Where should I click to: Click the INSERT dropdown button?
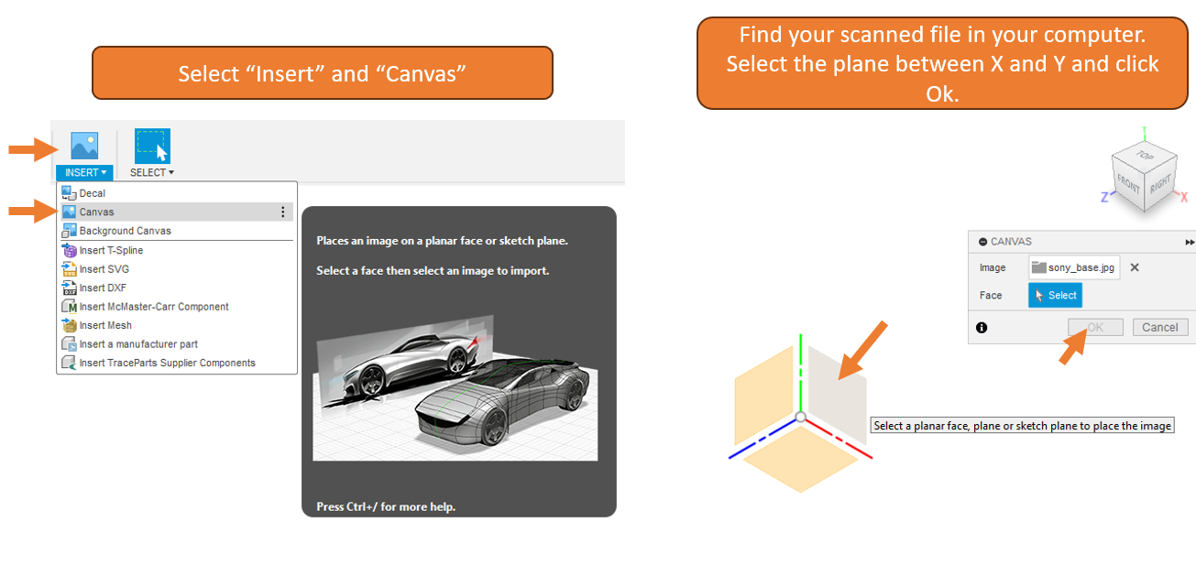pos(84,172)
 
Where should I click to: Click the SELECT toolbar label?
pos(151,172)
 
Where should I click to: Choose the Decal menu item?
pos(92,193)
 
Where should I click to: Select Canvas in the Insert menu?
pos(96,212)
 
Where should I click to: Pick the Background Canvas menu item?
pos(125,231)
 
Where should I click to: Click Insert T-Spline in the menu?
pos(111,250)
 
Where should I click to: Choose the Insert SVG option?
pos(104,269)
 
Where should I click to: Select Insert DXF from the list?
pos(103,288)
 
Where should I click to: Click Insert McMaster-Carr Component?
pos(154,307)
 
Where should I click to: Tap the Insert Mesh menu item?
pos(105,325)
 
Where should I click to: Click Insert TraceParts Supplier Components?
pos(167,363)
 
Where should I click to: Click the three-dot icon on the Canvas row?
pos(283,212)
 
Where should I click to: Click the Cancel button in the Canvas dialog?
pos(1159,327)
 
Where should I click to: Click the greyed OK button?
pos(1095,327)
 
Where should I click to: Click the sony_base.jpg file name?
pos(1081,267)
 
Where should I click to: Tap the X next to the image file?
pos(1135,267)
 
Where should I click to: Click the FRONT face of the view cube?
pos(1128,184)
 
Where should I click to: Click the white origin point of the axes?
pos(800,417)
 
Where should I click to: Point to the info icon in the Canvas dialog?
pos(982,328)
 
